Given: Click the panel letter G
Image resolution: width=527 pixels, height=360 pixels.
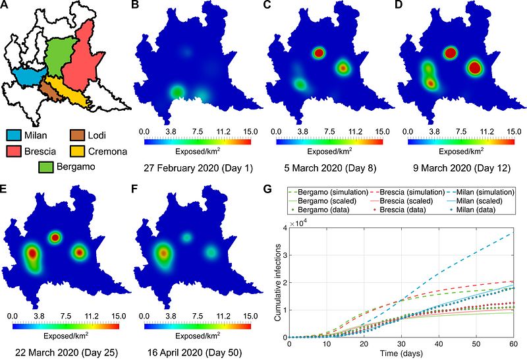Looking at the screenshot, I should (267, 190).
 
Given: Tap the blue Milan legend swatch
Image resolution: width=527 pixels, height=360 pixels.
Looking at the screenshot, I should (19, 135).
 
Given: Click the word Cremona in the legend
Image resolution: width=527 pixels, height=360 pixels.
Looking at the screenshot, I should (107, 151).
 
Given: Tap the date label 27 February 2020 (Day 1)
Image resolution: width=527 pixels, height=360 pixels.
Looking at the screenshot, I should (196, 166).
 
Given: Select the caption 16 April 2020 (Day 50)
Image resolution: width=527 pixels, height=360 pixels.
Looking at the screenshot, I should (194, 352).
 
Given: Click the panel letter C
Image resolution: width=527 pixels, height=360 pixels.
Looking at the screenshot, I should (267, 6).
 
